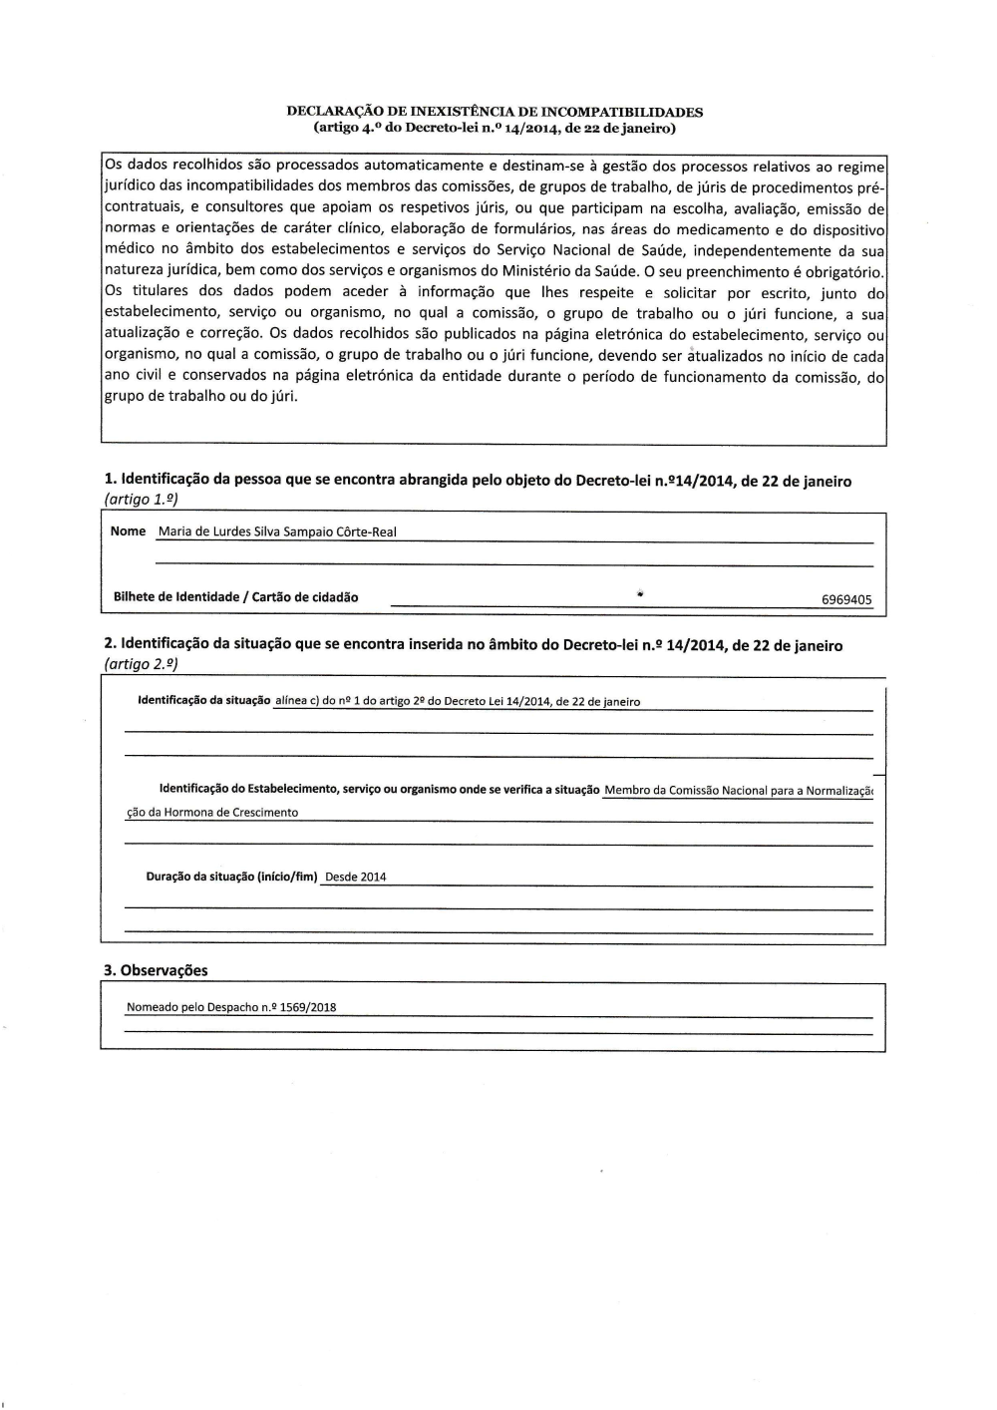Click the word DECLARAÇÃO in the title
pyautogui.click(x=332, y=113)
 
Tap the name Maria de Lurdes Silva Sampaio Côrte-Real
pyautogui.click(x=277, y=532)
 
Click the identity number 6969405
pyautogui.click(x=846, y=600)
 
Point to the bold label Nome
pyautogui.click(x=128, y=531)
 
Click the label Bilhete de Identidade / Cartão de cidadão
pyautogui.click(x=235, y=597)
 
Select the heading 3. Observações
pyautogui.click(x=156, y=970)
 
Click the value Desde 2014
pyautogui.click(x=356, y=878)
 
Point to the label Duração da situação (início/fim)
pyautogui.click(x=231, y=877)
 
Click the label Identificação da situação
pyautogui.click(x=203, y=701)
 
